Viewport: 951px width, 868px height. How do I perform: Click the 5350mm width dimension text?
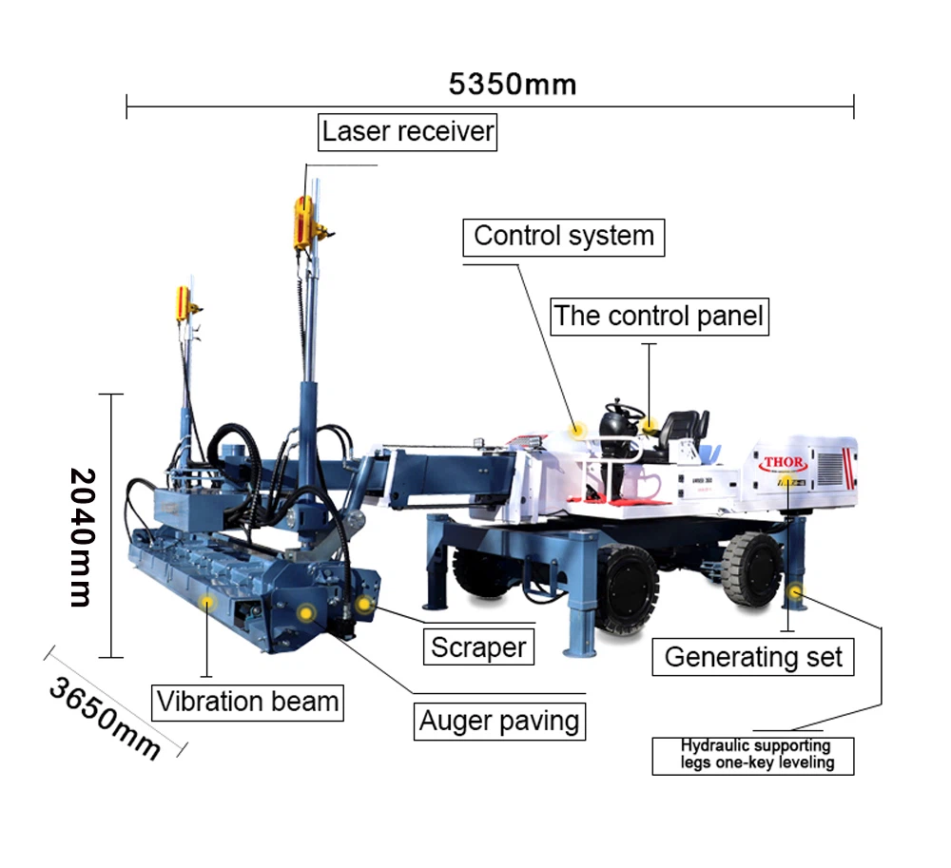coord(513,84)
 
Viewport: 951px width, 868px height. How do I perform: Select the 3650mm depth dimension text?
coord(105,704)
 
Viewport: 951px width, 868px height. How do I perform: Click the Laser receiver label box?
coord(408,131)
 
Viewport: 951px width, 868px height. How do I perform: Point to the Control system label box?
coord(564,236)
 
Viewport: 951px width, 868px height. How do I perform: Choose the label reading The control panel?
coord(659,316)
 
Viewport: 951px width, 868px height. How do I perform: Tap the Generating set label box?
coord(753,656)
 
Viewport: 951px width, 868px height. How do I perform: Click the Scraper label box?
coord(478,647)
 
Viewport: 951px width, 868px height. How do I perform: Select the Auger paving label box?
coord(499,721)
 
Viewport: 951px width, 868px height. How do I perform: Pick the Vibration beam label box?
coord(248,703)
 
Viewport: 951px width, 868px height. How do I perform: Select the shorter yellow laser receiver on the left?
coord(184,301)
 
